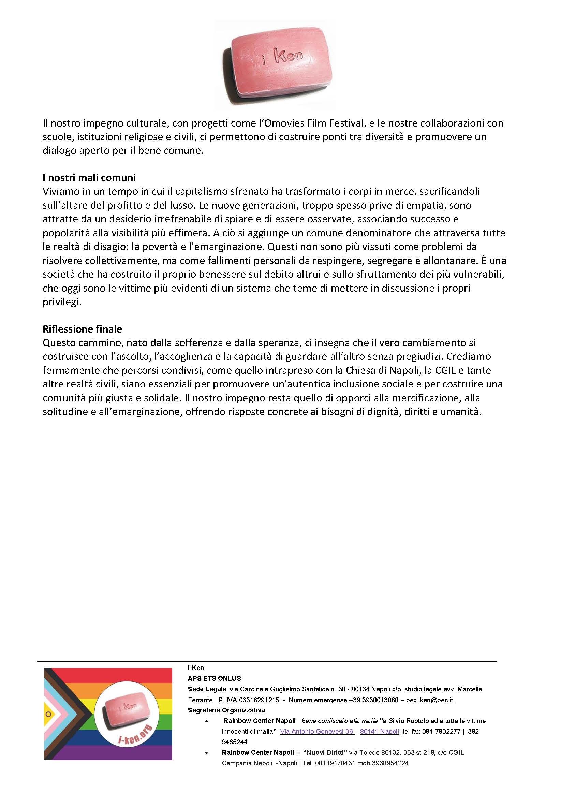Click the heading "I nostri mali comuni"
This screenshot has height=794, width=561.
click(89, 178)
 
